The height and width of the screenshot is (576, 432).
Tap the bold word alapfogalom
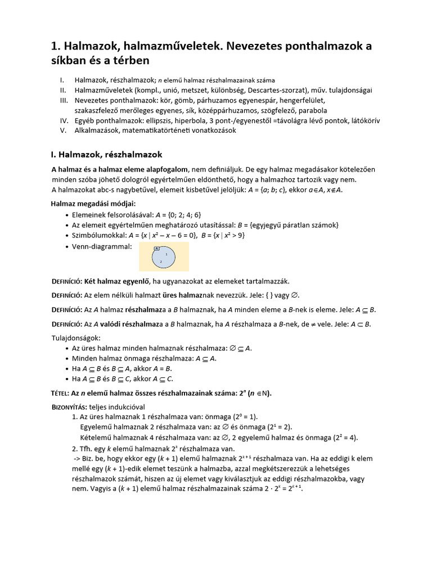[x=164, y=169]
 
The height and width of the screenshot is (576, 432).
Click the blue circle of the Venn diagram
[x=164, y=258]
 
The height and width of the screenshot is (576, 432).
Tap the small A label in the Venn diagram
[x=157, y=248]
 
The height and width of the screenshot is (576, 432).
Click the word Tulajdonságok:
[x=76, y=338]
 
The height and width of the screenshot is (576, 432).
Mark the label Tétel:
[x=60, y=393]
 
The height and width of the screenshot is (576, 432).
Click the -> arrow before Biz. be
[x=77, y=458]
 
